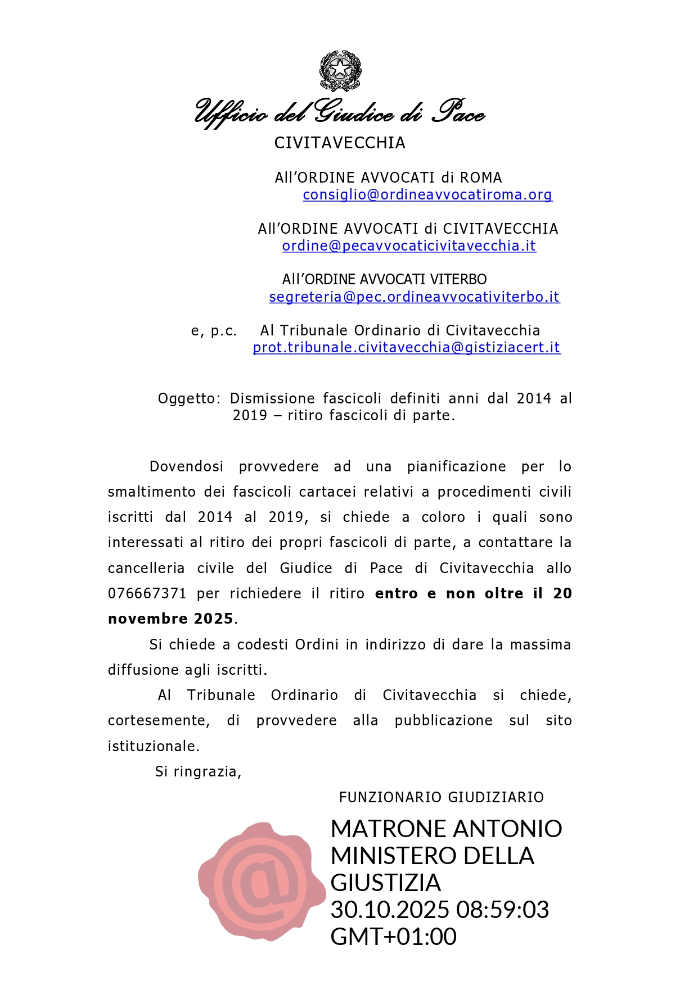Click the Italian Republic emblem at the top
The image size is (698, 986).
340,71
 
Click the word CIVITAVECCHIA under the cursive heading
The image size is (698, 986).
340,143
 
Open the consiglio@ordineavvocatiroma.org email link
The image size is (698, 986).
427,195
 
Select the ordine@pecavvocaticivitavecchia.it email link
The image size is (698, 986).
409,246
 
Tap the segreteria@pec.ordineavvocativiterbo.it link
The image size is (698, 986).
415,297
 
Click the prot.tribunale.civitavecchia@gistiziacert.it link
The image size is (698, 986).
407,348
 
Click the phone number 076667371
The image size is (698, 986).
147,594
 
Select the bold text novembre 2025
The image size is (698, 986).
170,619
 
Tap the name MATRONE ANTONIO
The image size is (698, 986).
446,829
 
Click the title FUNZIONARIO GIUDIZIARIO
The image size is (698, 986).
442,798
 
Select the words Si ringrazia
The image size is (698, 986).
198,772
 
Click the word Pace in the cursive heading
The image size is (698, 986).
458,112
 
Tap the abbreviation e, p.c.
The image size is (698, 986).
214,331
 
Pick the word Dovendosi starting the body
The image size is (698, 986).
186,467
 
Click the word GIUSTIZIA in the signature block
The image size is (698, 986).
385,883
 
